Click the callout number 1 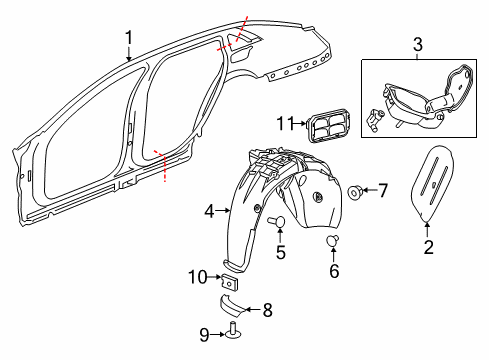(129, 38)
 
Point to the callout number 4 (210, 211)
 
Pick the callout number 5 (281, 253)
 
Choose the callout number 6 (335, 271)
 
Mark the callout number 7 (382, 189)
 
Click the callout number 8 (266, 310)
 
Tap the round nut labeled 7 (354, 190)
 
